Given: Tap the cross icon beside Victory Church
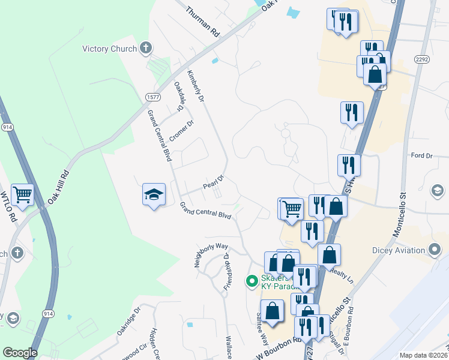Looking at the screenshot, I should (146, 48).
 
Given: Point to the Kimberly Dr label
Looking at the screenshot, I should (196, 86).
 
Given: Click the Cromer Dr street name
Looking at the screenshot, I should (182, 131).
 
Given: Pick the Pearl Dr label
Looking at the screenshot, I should (213, 181).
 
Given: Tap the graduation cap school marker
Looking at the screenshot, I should (154, 194).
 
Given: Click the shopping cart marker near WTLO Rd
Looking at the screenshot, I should (22, 194).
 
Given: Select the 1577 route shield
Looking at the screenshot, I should (151, 97).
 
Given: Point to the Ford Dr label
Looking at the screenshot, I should (421, 156).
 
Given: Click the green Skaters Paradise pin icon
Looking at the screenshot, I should (253, 280).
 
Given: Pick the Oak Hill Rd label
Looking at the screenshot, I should (59, 186).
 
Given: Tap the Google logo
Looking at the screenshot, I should (20, 353).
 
